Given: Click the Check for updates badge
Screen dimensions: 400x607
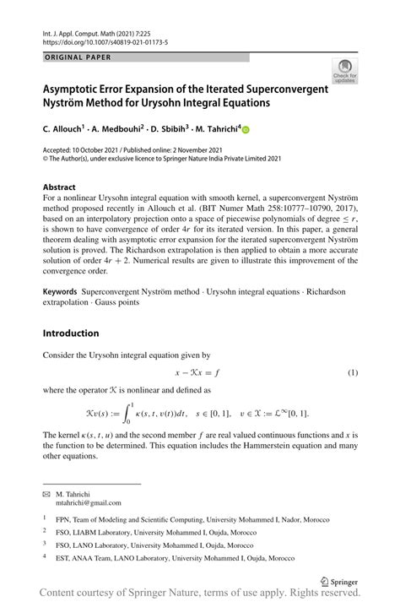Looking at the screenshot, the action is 344,71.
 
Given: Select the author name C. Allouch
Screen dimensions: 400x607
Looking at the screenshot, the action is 62,130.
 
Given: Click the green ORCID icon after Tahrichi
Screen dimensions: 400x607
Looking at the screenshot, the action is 246,130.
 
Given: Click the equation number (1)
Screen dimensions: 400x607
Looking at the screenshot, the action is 353,372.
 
